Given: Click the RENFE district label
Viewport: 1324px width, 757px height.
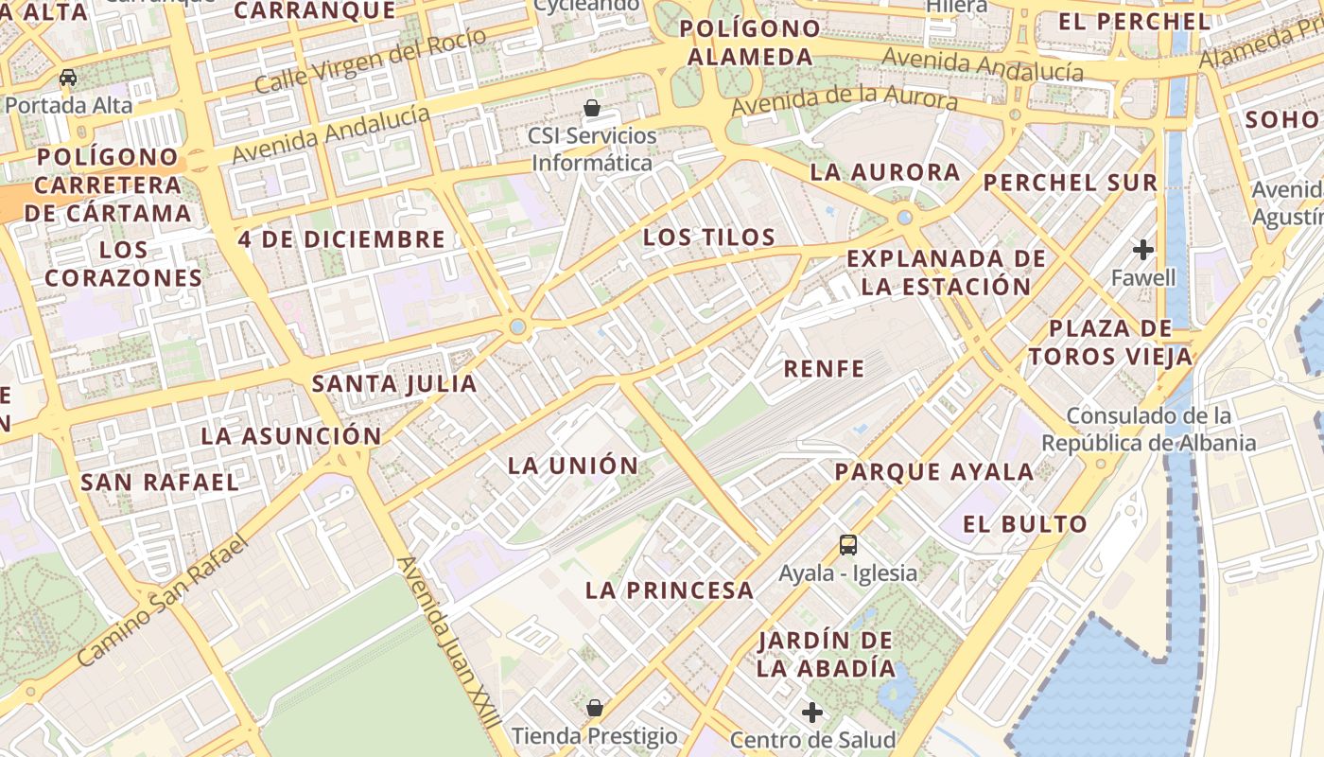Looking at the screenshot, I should [824, 369].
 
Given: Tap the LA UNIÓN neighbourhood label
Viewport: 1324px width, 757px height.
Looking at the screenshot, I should [573, 466].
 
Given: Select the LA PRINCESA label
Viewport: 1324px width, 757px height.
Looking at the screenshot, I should [670, 590].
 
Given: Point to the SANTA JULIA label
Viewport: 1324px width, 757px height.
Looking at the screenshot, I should [394, 383].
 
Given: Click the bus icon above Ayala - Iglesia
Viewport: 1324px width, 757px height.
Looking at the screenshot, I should [848, 545].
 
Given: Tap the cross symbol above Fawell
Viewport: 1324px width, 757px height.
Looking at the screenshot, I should [1143, 250].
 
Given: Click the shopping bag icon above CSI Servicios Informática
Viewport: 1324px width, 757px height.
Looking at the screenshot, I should [592, 108].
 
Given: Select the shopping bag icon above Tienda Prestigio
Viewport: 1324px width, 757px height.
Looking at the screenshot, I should [595, 708].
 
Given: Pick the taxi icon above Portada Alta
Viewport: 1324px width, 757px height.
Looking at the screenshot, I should [68, 78].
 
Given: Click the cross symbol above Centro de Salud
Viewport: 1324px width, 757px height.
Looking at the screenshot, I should [812, 713].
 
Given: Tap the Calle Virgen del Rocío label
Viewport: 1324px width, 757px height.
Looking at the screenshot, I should [371, 62].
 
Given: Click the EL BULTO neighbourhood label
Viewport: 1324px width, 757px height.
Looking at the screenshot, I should [1025, 524].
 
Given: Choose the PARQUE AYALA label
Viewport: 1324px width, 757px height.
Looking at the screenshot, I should [934, 471].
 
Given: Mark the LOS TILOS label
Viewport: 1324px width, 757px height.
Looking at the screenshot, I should [709, 238].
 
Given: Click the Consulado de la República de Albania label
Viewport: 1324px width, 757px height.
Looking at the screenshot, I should [1149, 430].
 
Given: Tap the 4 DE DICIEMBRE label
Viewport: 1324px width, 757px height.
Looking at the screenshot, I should [341, 239].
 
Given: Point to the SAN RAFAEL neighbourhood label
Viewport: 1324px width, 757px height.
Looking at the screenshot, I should [160, 482].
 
